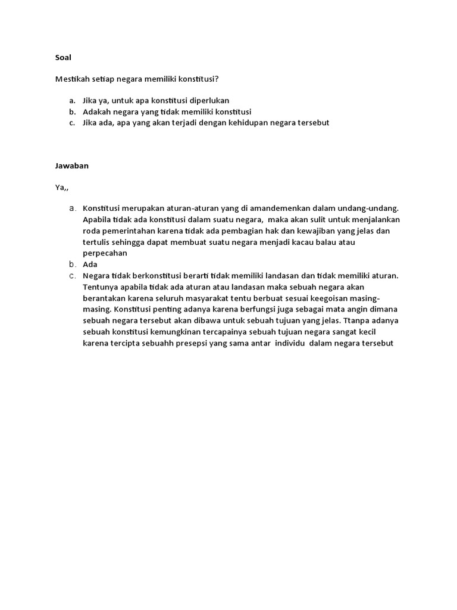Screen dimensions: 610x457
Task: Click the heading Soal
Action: (62, 58)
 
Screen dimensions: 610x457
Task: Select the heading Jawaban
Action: (71, 166)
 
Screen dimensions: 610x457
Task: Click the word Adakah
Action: (97, 111)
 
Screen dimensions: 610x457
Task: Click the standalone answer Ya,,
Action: (62, 187)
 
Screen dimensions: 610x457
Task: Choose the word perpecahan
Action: (105, 253)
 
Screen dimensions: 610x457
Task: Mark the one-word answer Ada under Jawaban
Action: (90, 264)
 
